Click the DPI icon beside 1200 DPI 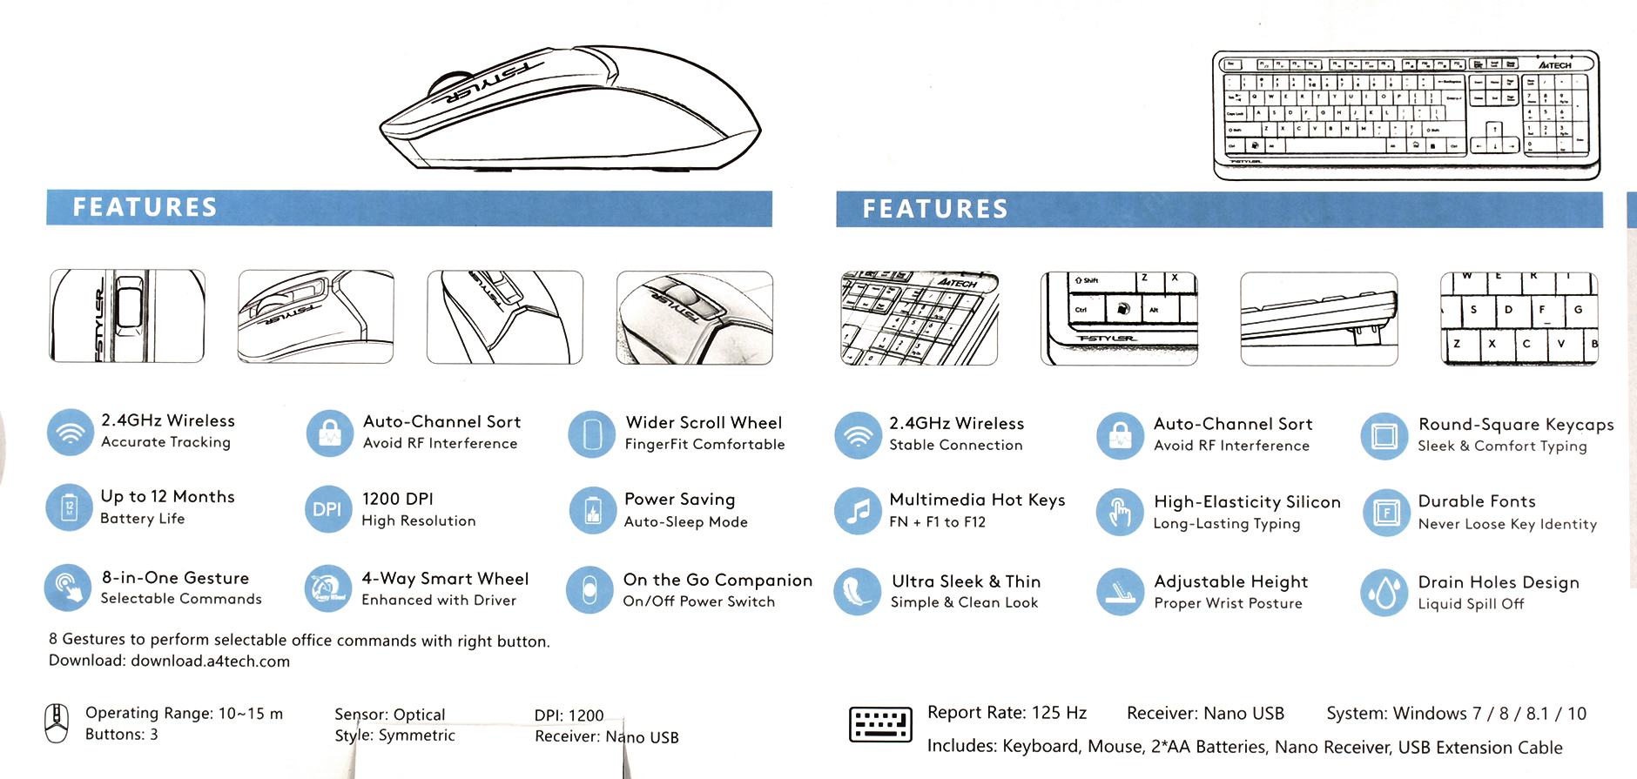pyautogui.click(x=327, y=509)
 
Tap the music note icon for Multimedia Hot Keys pyautogui.click(x=858, y=511)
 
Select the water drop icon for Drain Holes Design pyautogui.click(x=1384, y=593)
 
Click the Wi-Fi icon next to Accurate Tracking pyautogui.click(x=70, y=433)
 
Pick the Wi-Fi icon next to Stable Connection pyautogui.click(x=858, y=434)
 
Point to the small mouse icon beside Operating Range pyautogui.click(x=57, y=724)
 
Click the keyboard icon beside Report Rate pyautogui.click(x=880, y=725)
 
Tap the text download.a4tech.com pyautogui.click(x=210, y=661)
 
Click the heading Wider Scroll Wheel pyautogui.click(x=704, y=423)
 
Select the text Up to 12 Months pyautogui.click(x=167, y=497)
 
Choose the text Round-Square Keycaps pyautogui.click(x=1516, y=425)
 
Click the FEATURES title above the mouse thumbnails pyautogui.click(x=145, y=207)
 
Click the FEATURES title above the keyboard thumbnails pyautogui.click(x=935, y=209)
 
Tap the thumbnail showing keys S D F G pyautogui.click(x=1519, y=319)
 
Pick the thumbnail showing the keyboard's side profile pyautogui.click(x=1318, y=319)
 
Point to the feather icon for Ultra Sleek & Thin pyautogui.click(x=858, y=592)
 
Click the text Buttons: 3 pyautogui.click(x=122, y=735)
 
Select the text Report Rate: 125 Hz pyautogui.click(x=1007, y=713)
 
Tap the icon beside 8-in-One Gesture pyautogui.click(x=68, y=588)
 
